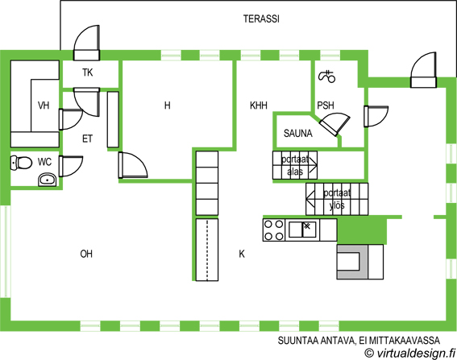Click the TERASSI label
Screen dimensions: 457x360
pyautogui.click(x=261, y=19)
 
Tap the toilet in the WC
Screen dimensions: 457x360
pyautogui.click(x=21, y=163)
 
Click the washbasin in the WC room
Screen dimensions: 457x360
pyautogui.click(x=48, y=180)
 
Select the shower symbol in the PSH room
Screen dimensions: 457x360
pyautogui.click(x=327, y=77)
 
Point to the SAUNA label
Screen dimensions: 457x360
pyautogui.click(x=298, y=134)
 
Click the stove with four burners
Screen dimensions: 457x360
pyautogui.click(x=274, y=230)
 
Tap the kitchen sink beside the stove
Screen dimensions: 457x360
pyautogui.click(x=302, y=230)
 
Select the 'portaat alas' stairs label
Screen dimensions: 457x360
pyautogui.click(x=295, y=165)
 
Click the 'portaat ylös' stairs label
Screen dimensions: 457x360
pyautogui.click(x=337, y=199)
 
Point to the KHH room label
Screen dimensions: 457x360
pyautogui.click(x=259, y=106)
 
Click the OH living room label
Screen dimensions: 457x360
pyautogui.click(x=86, y=254)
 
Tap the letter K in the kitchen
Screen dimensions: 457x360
pyautogui.click(x=242, y=254)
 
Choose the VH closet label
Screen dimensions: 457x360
pyautogui.click(x=44, y=106)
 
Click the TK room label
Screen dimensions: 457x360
pyautogui.click(x=87, y=72)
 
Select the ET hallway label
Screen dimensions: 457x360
pyautogui.click(x=87, y=139)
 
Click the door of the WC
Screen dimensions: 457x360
pyautogui.click(x=71, y=167)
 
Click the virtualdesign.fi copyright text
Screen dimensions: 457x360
pyautogui.click(x=409, y=353)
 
